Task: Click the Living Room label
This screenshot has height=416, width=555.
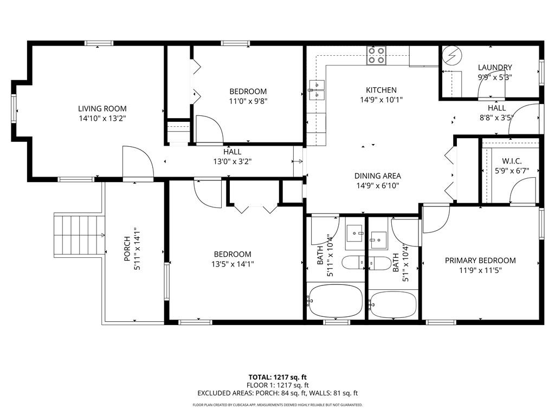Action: point(102,108)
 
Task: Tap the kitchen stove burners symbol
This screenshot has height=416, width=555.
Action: point(376,56)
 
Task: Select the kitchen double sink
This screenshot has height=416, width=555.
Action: point(317,90)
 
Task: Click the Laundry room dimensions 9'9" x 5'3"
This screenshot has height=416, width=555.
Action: point(495,77)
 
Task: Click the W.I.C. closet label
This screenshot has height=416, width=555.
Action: point(512,161)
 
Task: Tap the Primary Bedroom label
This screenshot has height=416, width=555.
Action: point(480,261)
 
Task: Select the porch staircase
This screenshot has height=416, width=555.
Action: point(79,235)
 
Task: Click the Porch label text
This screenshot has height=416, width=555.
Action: point(127,249)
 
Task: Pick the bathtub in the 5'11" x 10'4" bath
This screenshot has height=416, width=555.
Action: point(335,301)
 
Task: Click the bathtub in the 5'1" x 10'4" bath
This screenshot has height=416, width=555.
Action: point(393,304)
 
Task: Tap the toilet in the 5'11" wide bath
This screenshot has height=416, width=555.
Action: point(353,263)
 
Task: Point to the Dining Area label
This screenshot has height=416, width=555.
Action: point(378,176)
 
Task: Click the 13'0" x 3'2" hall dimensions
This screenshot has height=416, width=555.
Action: point(233,161)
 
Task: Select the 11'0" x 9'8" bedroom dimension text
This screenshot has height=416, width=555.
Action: point(248,101)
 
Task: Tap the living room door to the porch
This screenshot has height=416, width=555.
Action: point(138,162)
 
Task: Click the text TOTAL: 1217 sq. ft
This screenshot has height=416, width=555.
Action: point(277,377)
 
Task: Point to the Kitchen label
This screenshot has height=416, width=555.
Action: point(381,90)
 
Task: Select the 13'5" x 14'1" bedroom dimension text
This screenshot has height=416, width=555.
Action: point(233,264)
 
